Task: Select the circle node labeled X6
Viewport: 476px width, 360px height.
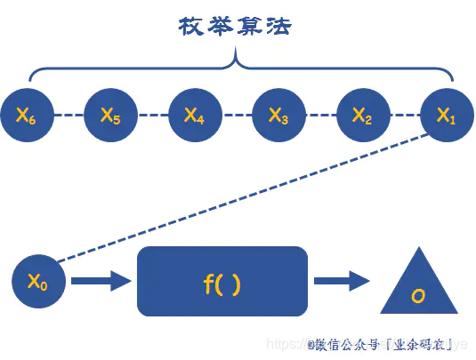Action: (26, 115)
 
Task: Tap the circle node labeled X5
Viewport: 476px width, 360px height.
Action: (110, 115)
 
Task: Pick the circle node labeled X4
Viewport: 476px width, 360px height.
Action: (194, 115)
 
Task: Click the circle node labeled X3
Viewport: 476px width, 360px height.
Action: (278, 115)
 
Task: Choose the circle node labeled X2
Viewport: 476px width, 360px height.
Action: (361, 115)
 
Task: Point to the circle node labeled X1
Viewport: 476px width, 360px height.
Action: (445, 115)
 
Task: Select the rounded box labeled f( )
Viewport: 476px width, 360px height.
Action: (222, 282)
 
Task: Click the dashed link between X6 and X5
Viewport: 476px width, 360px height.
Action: (69, 115)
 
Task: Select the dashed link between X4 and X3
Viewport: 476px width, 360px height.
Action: (236, 115)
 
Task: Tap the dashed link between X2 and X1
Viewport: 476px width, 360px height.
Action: (403, 115)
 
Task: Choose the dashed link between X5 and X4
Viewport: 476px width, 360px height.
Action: (152, 115)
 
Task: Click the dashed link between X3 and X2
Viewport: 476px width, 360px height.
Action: (319, 115)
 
